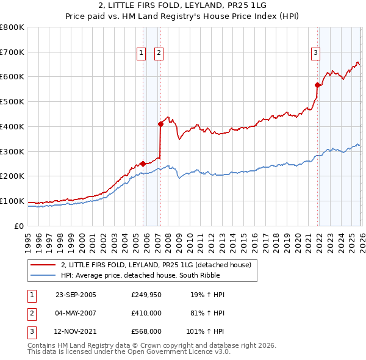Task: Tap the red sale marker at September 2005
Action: pos(143,164)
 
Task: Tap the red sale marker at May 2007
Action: pos(160,124)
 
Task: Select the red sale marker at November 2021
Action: pos(317,85)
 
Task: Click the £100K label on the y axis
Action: pos(12,201)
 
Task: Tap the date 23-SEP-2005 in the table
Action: pos(76,295)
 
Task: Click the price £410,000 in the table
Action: pos(146,314)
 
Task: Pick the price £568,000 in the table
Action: pos(146,332)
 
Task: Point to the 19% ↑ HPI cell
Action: pos(207,295)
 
